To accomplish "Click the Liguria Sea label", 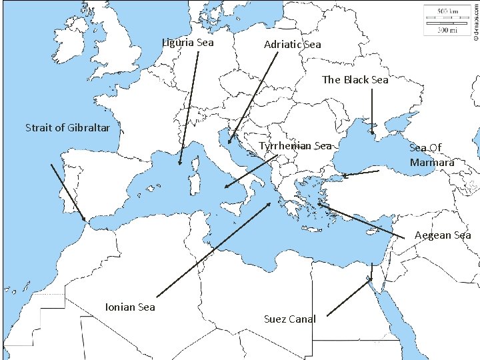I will point(189,43).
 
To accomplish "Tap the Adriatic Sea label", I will point(292,45).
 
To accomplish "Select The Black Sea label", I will point(355,80).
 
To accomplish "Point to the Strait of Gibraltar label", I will point(63,127).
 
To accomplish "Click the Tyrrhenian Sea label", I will point(295,146).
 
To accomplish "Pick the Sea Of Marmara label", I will point(432,155).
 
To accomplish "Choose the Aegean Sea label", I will point(443,235).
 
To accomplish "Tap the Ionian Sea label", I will point(130,307).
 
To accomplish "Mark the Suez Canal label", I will point(289,319).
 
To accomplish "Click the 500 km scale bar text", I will point(447,11).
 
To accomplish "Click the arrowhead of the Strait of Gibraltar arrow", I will point(83,219).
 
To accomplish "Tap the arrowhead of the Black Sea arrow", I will point(373,125).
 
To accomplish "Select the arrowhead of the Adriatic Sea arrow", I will point(229,142).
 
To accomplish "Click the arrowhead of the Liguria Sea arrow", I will point(180,163).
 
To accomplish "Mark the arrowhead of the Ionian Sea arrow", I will point(272,203).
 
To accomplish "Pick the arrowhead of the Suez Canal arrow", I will point(371,279).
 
